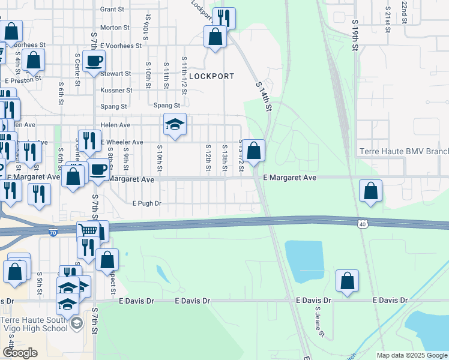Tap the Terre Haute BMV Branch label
pos(403,152)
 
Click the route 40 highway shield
pos(364,224)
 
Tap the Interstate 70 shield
pos(53,231)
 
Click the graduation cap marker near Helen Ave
pos(175,124)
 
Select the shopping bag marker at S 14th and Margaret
pos(254,151)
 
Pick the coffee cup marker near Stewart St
pos(94,61)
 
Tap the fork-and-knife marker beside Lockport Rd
pos(224,18)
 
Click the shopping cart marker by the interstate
pos(88,231)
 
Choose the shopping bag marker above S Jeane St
pos(347,281)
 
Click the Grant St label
pos(112,10)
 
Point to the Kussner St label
pos(116,91)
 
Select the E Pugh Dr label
pos(147,203)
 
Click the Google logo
pos(20,353)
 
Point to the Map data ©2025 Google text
pos(411,355)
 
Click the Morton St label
pos(115,28)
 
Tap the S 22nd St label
pos(405,8)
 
